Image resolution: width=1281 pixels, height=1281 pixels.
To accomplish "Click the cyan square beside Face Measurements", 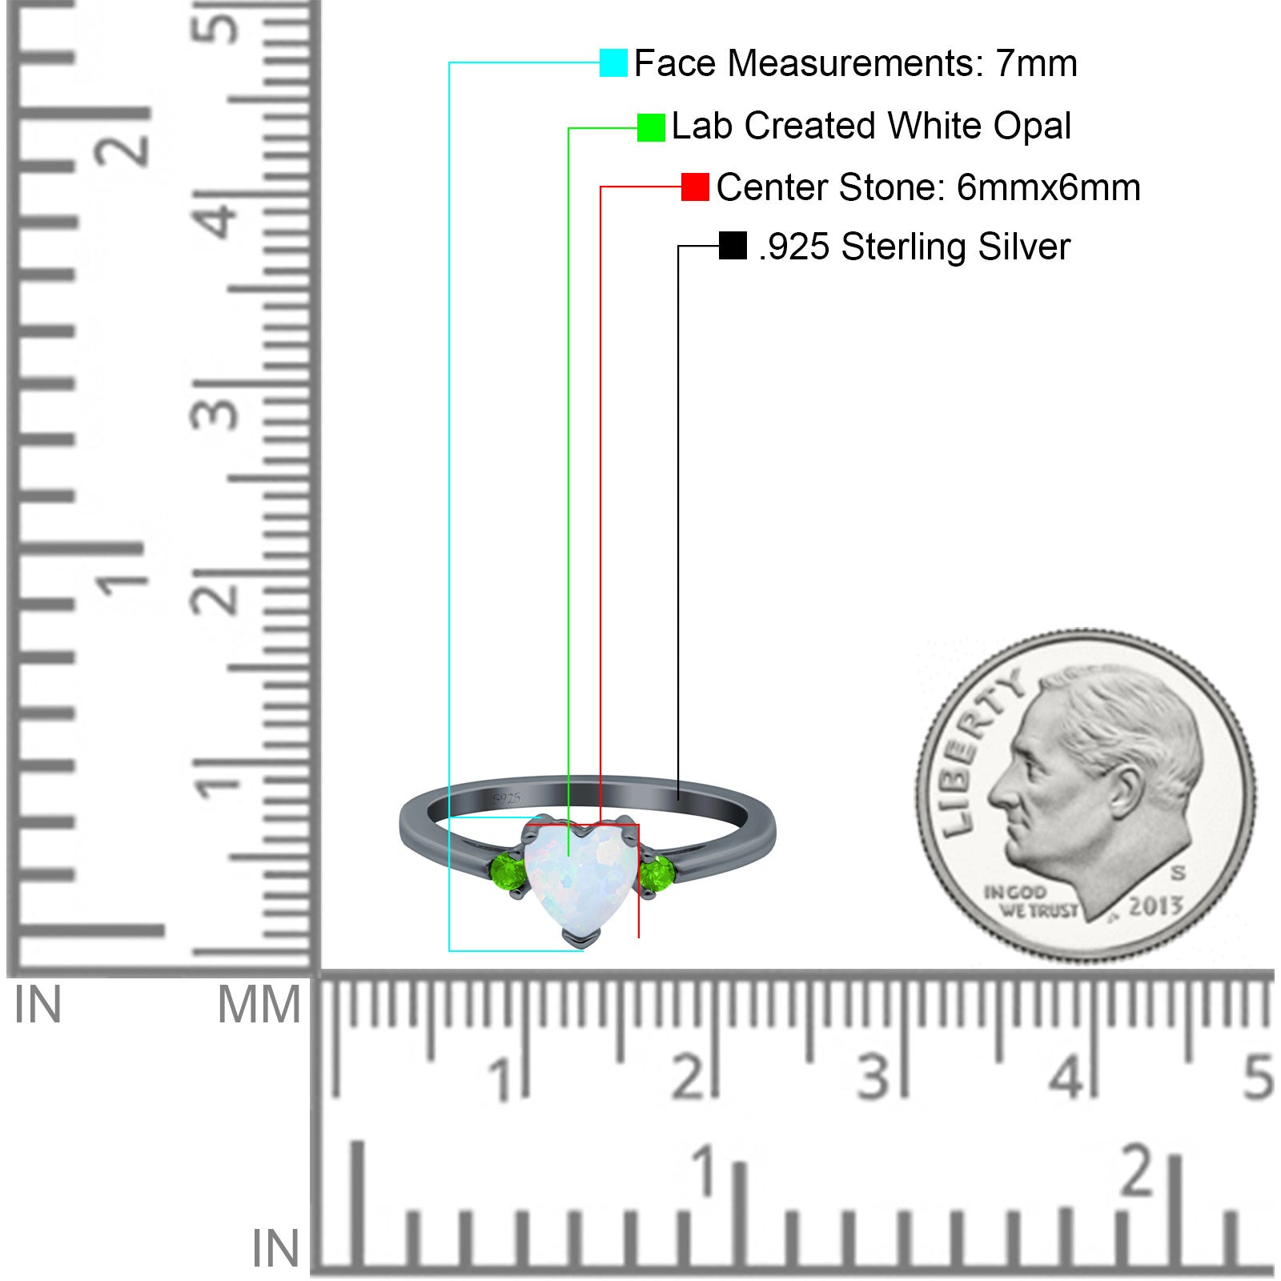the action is (613, 62).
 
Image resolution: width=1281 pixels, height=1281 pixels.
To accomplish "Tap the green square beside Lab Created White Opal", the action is (651, 127).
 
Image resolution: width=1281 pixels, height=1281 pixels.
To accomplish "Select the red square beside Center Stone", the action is (695, 187).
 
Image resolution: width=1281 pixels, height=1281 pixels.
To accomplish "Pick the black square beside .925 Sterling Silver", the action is (733, 246).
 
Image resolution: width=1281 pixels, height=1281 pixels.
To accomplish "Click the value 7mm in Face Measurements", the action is (1036, 63).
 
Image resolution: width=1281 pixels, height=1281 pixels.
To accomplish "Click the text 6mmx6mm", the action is (1048, 188).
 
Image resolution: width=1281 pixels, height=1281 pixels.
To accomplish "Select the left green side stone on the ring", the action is (508, 869).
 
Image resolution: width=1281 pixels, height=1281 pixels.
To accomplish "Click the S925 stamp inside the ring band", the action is (507, 798).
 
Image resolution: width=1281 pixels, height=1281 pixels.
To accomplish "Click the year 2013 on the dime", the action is (1155, 906).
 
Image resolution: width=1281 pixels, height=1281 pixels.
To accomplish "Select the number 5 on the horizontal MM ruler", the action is (1258, 1077).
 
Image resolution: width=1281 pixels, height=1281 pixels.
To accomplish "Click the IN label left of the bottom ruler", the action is (275, 1249).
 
